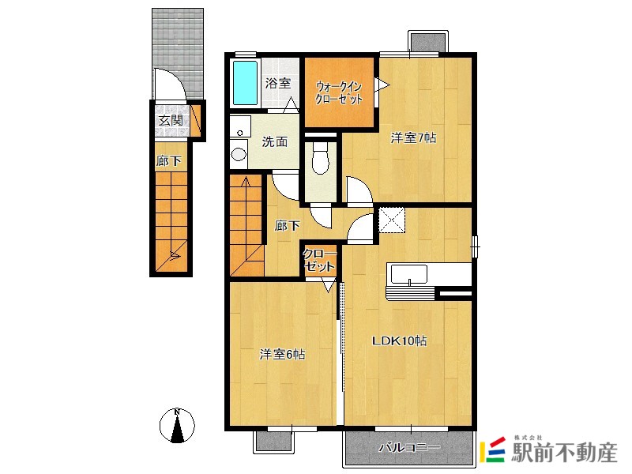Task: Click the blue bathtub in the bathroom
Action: (x=245, y=83)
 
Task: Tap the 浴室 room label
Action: (x=278, y=84)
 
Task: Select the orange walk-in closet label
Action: (x=339, y=93)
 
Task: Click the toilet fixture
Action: (x=321, y=159)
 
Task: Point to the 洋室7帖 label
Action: (x=413, y=137)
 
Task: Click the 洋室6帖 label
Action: (x=282, y=354)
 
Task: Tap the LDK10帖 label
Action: (x=399, y=340)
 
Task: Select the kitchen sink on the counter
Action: (x=409, y=274)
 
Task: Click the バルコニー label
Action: (x=409, y=447)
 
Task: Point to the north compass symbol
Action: (x=177, y=425)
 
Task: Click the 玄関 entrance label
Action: (x=171, y=120)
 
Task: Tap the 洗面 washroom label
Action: (x=275, y=141)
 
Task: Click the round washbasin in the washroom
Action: (x=239, y=154)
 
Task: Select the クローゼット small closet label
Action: (x=319, y=261)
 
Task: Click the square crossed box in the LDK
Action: (x=391, y=220)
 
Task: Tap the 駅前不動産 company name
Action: (x=564, y=452)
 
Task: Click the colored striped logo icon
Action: (x=492, y=450)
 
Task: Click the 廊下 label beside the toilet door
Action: (x=287, y=225)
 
